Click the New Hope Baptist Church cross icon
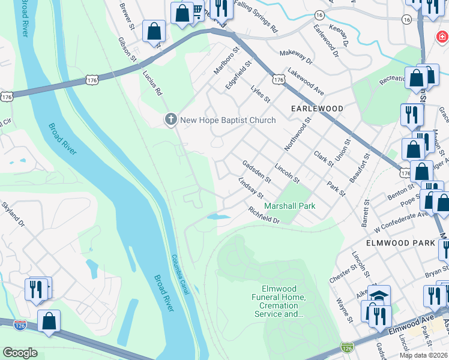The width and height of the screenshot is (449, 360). tap(170, 120)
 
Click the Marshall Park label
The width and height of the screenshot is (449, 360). tap(290, 206)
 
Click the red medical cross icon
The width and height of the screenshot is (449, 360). tap(442, 37)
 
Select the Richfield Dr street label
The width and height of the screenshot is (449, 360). tap(264, 216)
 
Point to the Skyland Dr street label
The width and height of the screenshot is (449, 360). tap(13, 215)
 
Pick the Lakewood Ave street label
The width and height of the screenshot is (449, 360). tap(306, 81)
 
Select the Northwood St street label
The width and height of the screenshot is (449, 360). tap(298, 134)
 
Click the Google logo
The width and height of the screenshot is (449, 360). tap(20, 353)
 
